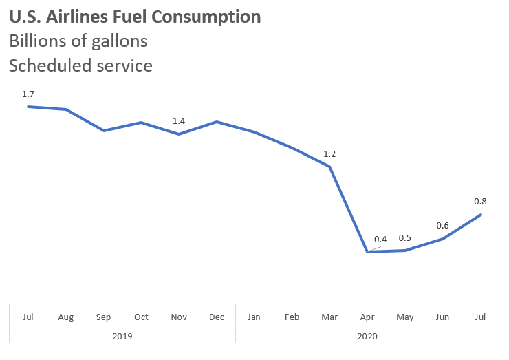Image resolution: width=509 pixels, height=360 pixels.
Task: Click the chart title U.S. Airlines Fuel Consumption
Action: [135, 17]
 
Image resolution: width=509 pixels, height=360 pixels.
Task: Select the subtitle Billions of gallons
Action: [78, 41]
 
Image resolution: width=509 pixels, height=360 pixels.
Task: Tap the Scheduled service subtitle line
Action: [80, 65]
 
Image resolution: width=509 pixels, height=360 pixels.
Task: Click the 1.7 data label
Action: [28, 94]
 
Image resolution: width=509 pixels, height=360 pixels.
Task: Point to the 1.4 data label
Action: [179, 121]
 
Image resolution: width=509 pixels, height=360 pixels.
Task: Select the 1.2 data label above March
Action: [330, 153]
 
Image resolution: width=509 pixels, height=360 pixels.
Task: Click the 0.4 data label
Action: [380, 240]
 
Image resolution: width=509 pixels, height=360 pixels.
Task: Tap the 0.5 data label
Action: [405, 238]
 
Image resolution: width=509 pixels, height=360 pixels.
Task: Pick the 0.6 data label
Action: [442, 226]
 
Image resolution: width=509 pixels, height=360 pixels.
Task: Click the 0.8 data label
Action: [480, 202]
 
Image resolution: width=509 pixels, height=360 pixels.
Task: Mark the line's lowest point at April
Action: [368, 252]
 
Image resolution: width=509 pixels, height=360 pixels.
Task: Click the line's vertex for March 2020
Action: [330, 167]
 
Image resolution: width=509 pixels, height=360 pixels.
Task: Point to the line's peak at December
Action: [217, 122]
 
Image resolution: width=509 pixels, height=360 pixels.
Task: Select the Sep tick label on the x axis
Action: [104, 317]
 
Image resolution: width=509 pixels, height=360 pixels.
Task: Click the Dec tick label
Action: [217, 317]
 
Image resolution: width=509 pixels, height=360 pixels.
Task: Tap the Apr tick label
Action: [368, 317]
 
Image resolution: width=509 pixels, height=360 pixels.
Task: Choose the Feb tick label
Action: [292, 317]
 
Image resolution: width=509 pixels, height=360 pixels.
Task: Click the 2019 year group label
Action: [122, 336]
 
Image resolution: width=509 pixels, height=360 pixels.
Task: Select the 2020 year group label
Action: [368, 336]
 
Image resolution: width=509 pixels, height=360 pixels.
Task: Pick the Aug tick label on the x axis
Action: [66, 317]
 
